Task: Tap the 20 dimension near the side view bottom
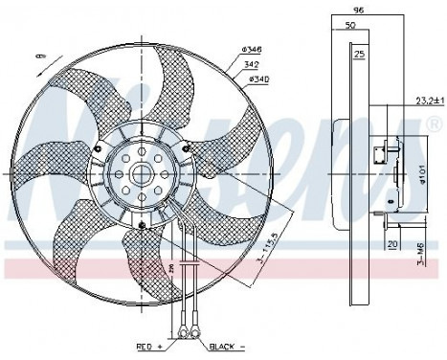(393, 243)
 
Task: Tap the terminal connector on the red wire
(179, 331)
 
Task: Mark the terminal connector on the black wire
(193, 331)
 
